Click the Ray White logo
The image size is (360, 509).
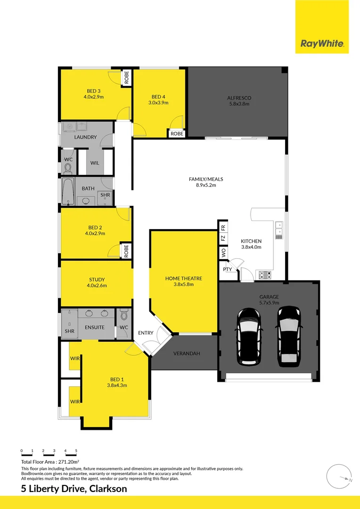click(x=322, y=44)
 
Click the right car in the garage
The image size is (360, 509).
click(x=288, y=336)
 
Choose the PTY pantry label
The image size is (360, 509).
click(x=228, y=270)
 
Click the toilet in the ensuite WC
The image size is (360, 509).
click(x=124, y=314)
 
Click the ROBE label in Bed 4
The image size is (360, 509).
click(x=177, y=134)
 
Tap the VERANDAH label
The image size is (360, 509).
click(x=185, y=353)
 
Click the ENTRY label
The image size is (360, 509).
click(x=146, y=333)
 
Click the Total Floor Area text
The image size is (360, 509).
click(x=50, y=462)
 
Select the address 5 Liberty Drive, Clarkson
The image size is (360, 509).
click(x=74, y=489)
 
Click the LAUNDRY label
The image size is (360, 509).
click(x=85, y=137)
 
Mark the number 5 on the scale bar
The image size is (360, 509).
click(x=76, y=451)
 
